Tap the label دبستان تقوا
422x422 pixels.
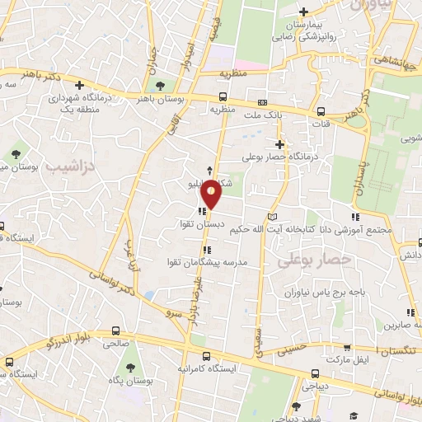(x=203, y=223)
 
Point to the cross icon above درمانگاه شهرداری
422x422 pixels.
(x=79, y=85)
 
